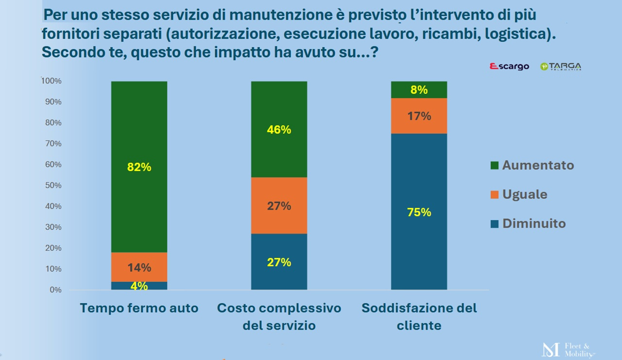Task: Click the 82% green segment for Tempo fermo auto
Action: click(139, 167)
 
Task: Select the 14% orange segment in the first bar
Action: click(139, 267)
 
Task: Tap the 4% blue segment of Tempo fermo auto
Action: click(139, 286)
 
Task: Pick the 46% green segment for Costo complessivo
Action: click(279, 129)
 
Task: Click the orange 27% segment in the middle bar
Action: click(279, 206)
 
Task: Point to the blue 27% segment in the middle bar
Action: click(279, 262)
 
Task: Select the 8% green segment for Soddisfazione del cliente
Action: click(419, 89)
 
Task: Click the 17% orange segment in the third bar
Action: click(419, 116)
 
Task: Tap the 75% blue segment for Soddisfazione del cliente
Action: click(419, 212)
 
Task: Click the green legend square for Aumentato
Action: click(495, 166)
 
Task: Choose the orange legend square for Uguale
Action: click(495, 195)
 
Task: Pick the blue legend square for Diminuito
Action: click(495, 224)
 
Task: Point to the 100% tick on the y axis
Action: click(52, 81)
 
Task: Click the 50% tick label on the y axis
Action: click(53, 185)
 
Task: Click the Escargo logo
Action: click(509, 67)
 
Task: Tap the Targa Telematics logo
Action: click(561, 67)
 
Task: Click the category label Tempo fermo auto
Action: click(139, 308)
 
